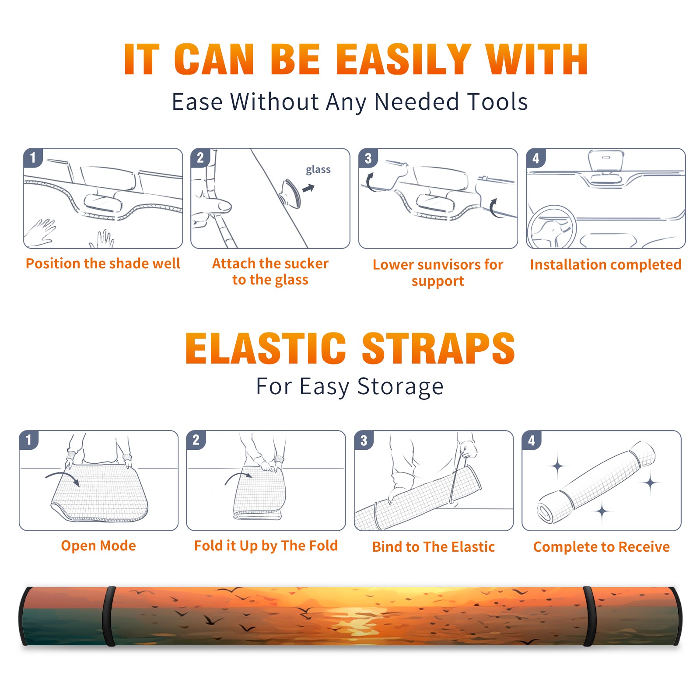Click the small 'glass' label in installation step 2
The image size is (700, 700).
[318, 169]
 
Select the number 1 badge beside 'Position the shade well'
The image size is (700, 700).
[33, 157]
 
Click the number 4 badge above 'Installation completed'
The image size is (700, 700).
[536, 158]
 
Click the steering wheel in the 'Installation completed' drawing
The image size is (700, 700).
[552, 227]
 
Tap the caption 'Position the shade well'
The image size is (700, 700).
[103, 263]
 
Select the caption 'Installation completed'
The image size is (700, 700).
[605, 265]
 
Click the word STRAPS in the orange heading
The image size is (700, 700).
[438, 348]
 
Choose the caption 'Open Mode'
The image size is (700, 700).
[98, 546]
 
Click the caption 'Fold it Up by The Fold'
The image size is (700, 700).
[266, 546]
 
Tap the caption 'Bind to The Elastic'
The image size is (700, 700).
[434, 547]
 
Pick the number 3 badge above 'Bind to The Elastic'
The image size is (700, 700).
[364, 440]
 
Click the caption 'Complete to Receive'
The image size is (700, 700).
[602, 547]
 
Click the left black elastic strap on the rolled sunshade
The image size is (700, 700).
[109, 616]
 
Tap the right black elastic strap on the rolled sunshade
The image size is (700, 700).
[589, 616]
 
